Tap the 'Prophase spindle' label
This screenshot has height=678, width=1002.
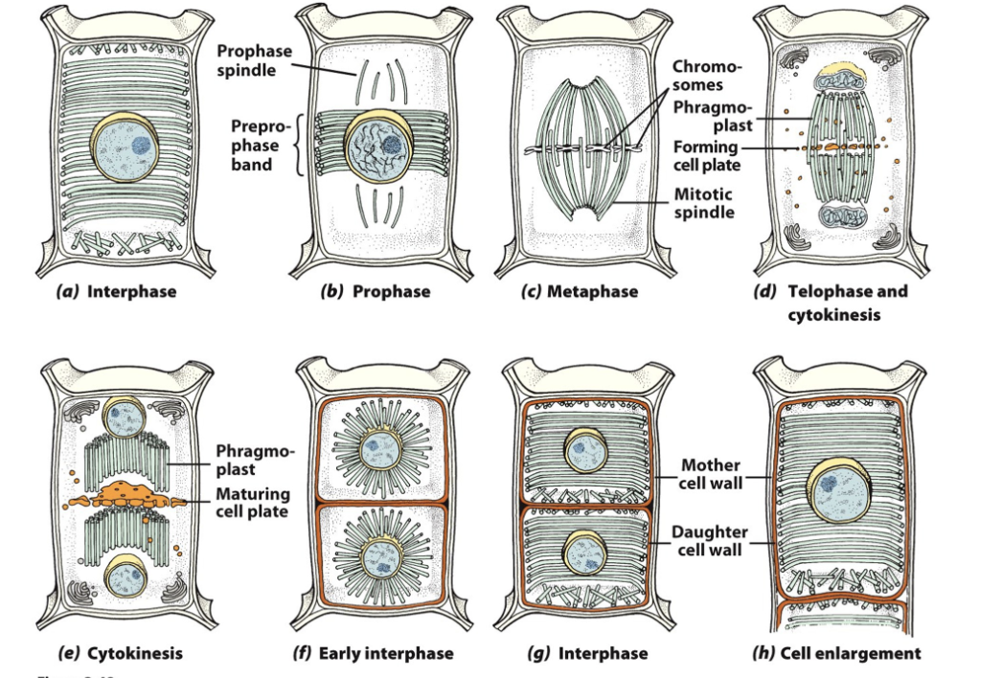click(254, 61)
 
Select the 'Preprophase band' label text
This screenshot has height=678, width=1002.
click(255, 146)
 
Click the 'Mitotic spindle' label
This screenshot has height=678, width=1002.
click(704, 203)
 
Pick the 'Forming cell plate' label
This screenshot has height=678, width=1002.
click(705, 155)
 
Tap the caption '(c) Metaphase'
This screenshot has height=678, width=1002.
click(580, 291)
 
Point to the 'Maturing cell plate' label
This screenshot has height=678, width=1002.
click(253, 503)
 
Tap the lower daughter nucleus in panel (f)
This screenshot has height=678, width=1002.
click(372, 554)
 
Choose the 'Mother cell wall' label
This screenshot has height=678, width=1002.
click(710, 474)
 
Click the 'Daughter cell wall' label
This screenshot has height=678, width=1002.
click(710, 541)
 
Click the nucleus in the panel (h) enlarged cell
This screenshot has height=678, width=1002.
click(837, 486)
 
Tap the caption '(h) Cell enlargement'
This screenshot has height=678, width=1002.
click(837, 653)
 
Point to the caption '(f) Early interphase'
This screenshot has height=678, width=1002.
click(373, 654)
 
